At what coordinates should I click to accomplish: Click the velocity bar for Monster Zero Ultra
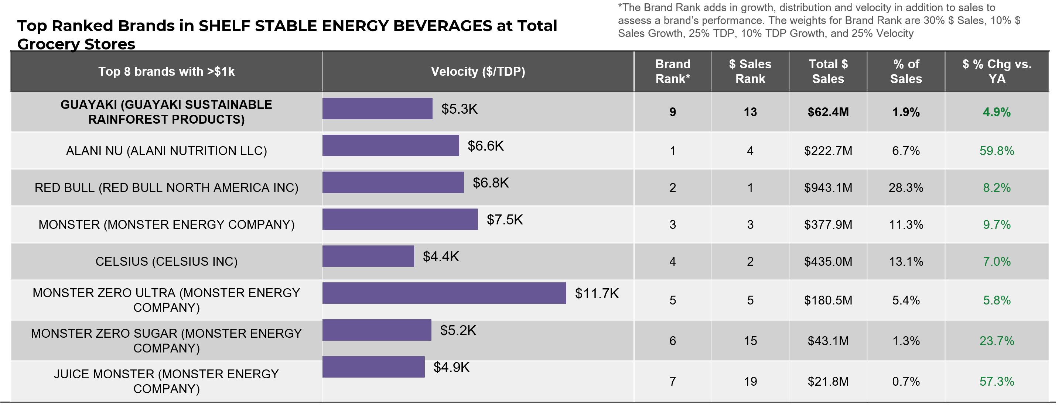tap(444, 293)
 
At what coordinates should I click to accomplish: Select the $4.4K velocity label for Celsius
tap(441, 257)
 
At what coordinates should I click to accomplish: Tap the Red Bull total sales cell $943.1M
tap(828, 188)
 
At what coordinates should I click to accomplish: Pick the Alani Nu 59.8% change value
tap(997, 151)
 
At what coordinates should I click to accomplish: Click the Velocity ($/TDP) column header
tap(478, 72)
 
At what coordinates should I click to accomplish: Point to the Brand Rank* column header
tap(672, 72)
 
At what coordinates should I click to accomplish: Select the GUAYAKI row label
tap(166, 112)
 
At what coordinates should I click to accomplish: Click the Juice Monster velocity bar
tap(373, 367)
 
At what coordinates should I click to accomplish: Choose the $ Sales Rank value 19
tap(750, 381)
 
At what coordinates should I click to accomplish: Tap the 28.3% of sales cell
tap(906, 188)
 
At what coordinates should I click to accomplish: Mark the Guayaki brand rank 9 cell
tap(672, 112)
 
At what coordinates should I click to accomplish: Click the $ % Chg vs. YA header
tap(997, 72)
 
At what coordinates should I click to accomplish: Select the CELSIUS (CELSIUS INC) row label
tap(166, 261)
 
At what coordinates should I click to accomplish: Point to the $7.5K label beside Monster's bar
tap(505, 220)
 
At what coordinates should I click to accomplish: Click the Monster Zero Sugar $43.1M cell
tap(828, 341)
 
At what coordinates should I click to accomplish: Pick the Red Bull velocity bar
tap(393, 182)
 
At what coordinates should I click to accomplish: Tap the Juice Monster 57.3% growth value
tap(997, 381)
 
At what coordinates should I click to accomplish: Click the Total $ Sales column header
tap(828, 72)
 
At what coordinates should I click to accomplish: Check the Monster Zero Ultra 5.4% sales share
tap(906, 300)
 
